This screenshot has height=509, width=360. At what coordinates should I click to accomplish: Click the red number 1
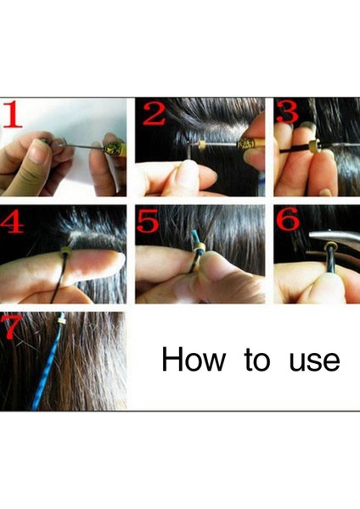12,114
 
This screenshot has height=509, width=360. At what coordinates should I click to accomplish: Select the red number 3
287,111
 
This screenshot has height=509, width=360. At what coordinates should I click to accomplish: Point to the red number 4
13,221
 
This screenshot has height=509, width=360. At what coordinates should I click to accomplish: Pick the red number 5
148,221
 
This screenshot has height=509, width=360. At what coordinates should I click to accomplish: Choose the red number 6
288,219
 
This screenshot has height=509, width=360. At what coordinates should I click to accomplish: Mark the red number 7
10,327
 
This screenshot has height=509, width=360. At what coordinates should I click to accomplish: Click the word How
194,359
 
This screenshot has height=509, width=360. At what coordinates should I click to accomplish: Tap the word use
314,361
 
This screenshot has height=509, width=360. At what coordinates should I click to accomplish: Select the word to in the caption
257,360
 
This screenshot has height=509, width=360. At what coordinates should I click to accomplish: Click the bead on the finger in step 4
66,251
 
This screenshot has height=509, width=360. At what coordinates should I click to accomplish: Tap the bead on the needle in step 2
201,143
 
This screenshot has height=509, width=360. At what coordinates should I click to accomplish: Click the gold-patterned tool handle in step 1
114,148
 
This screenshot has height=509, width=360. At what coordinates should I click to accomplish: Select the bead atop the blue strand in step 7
61,321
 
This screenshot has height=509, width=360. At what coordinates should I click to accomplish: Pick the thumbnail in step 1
37,151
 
